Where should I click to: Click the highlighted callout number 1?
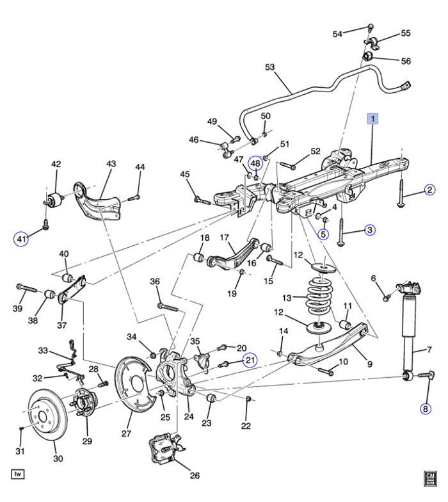[372, 118]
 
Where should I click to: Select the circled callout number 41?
[21, 239]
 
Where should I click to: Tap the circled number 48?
[255, 164]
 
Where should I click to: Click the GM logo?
[430, 479]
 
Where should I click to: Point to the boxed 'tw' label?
[18, 474]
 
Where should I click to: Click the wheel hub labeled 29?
[83, 402]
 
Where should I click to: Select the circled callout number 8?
[425, 409]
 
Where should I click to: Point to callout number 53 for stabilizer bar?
[270, 67]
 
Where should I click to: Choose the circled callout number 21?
[250, 360]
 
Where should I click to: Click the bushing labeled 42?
[55, 199]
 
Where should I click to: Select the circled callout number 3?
[370, 229]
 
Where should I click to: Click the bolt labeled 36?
[168, 307]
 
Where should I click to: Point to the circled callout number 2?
[430, 190]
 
